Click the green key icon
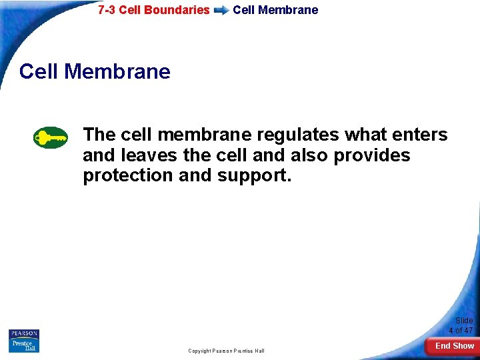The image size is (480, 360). click(x=51, y=138)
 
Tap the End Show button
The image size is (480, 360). click(x=454, y=345)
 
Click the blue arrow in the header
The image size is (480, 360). click(x=221, y=11)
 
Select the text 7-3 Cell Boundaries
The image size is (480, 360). click(x=153, y=10)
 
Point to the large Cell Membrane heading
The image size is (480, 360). click(x=95, y=71)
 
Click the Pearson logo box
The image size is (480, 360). click(x=24, y=334)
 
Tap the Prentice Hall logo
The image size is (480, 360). click(x=24, y=346)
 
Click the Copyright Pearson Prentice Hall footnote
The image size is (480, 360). click(x=226, y=351)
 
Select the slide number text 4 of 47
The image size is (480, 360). click(x=461, y=330)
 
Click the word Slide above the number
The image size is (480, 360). click(x=464, y=321)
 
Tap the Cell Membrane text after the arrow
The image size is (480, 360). click(x=275, y=10)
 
